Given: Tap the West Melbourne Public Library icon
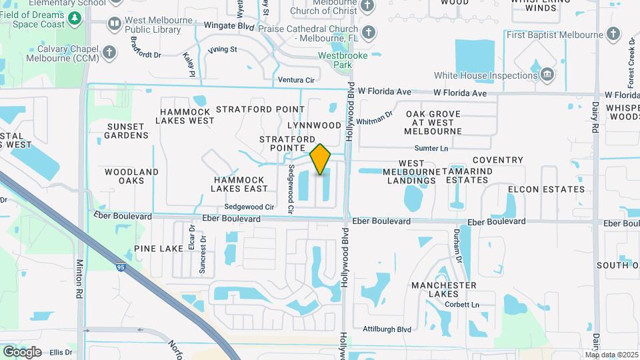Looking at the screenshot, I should click(114, 25).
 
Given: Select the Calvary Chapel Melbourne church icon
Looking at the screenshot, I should click(111, 51).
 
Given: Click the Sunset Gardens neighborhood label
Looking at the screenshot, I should click(126, 131).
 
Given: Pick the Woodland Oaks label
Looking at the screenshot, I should click(131, 176).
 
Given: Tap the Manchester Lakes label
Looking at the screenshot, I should click(443, 289).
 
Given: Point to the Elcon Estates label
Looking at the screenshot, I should click(546, 189).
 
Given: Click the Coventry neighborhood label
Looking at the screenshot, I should click(497, 160).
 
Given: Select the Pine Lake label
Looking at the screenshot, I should click(158, 248).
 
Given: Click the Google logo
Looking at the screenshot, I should click(22, 351).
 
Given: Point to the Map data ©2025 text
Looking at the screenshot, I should click(612, 355).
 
